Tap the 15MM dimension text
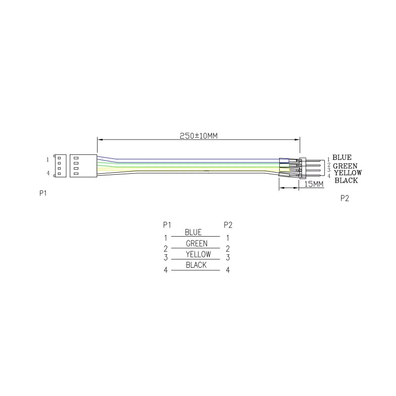click(x=313, y=184)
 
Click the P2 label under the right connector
click(x=345, y=198)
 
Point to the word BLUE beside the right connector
click(x=342, y=158)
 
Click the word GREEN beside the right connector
click(x=345, y=166)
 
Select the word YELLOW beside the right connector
click(x=347, y=173)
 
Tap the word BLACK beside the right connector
click(x=346, y=180)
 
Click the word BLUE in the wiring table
click(x=193, y=232)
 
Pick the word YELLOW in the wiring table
click(x=198, y=254)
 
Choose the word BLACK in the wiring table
click(x=196, y=265)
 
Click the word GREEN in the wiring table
click(x=197, y=244)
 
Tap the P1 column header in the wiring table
click(x=167, y=225)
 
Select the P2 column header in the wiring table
click(x=228, y=225)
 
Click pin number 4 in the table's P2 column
click(x=228, y=270)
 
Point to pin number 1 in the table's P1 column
click(x=165, y=238)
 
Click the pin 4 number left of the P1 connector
click(x=48, y=173)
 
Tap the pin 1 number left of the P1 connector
click(x=48, y=159)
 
